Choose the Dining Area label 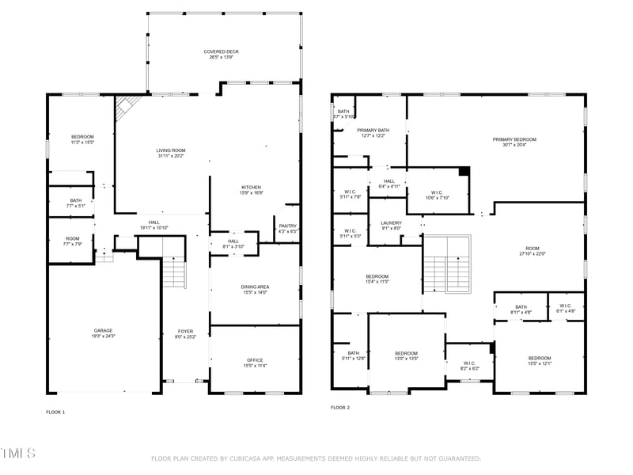(x=255, y=289)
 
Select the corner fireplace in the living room (x=127, y=107)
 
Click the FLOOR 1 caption (x=55, y=412)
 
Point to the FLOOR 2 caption (x=340, y=408)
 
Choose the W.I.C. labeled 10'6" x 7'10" (x=437, y=195)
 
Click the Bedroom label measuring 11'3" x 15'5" (x=82, y=139)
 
